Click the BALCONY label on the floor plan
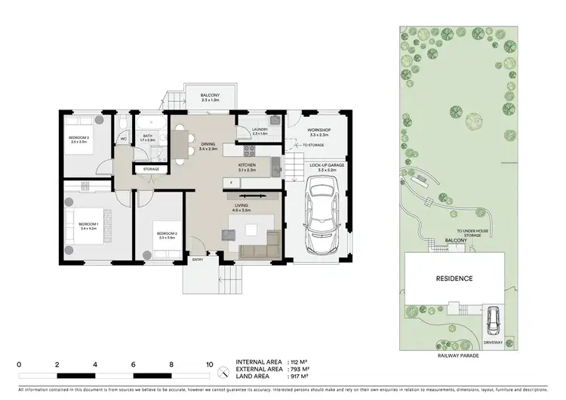pos(209,96)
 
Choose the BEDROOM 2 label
pos(167,233)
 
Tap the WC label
pos(123,139)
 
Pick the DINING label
pos(208,146)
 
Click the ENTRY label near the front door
pos(198,260)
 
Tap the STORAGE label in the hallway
pos(151,169)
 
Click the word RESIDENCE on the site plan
pos(454,278)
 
